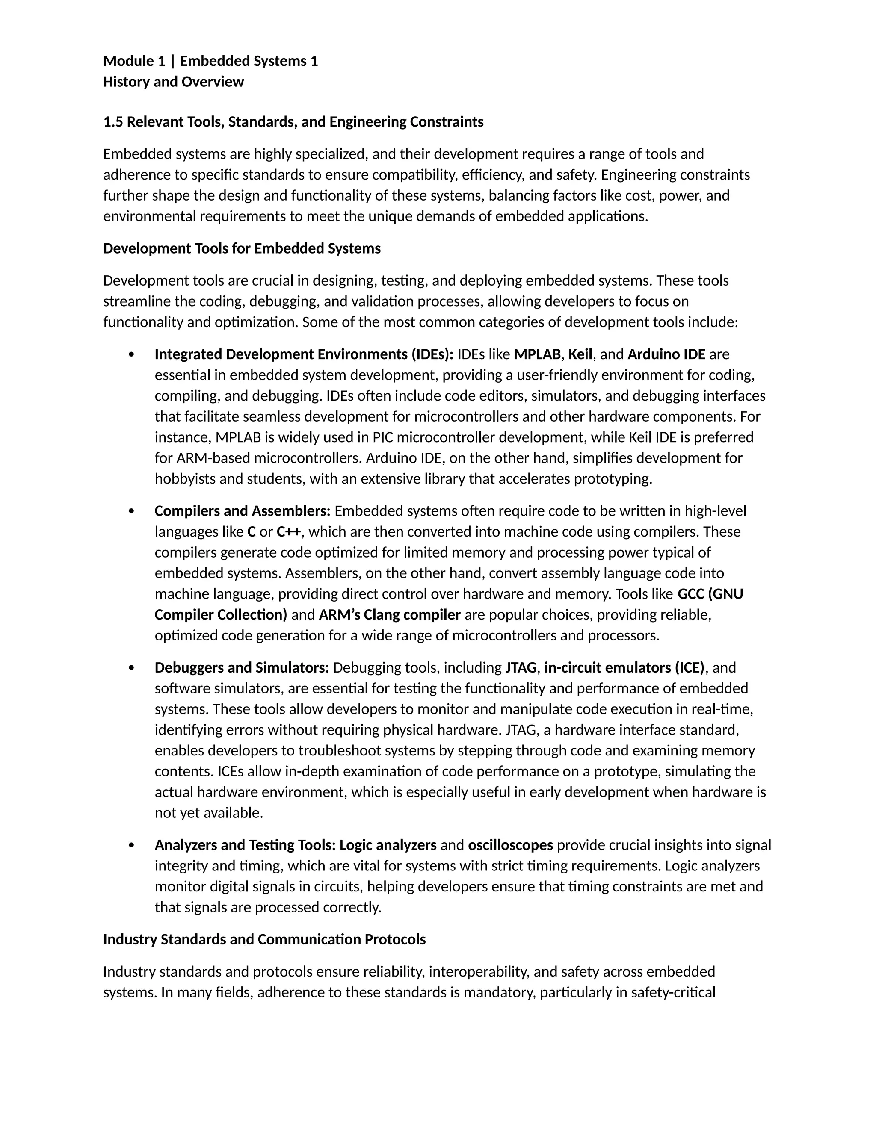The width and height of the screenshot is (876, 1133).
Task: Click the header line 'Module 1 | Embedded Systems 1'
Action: (210, 61)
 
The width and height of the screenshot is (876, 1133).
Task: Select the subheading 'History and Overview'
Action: (173, 82)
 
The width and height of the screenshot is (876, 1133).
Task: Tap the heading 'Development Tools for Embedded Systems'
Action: (242, 248)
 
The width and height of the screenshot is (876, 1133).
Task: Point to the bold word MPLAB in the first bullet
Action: (537, 354)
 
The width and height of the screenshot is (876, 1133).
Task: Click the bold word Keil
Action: (580, 354)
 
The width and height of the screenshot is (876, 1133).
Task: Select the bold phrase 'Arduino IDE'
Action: (666, 354)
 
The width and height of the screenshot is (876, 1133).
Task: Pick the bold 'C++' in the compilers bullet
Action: (289, 532)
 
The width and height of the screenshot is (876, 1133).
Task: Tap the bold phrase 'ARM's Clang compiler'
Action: (389, 615)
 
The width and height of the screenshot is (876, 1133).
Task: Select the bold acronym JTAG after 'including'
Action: (521, 668)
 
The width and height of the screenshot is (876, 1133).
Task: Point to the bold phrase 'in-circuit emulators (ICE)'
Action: (624, 668)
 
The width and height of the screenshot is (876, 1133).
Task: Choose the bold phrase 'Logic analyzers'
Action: (388, 845)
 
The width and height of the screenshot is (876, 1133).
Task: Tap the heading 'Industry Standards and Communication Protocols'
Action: (264, 939)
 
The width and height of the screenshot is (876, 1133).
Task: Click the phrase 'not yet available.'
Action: (209, 813)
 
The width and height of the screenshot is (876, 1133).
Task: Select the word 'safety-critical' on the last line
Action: (673, 992)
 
